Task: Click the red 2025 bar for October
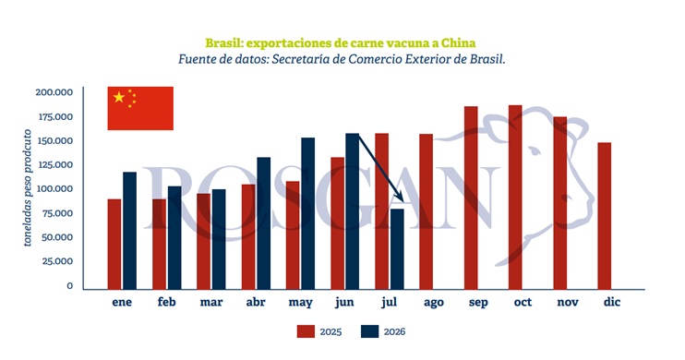pyautogui.click(x=515, y=197)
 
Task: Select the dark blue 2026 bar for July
pyautogui.click(x=397, y=249)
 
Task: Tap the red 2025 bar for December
pyautogui.click(x=605, y=216)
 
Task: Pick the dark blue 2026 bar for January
pyautogui.click(x=130, y=231)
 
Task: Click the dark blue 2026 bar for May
pyautogui.click(x=308, y=213)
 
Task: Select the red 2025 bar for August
pyautogui.click(x=427, y=211)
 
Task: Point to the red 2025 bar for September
pyautogui.click(x=471, y=198)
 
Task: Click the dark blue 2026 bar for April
pyautogui.click(x=263, y=223)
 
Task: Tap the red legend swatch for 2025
pyautogui.click(x=306, y=331)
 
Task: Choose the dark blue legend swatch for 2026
pyautogui.click(x=369, y=331)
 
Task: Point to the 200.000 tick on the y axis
pyautogui.click(x=54, y=92)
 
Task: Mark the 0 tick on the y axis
pyautogui.click(x=70, y=286)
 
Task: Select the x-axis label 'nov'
pyautogui.click(x=568, y=302)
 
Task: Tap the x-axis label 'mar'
pyautogui.click(x=211, y=302)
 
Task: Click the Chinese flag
pyautogui.click(x=140, y=108)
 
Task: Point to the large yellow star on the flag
pyautogui.click(x=119, y=97)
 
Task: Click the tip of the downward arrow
pyautogui.click(x=403, y=202)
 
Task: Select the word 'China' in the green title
pyautogui.click(x=458, y=43)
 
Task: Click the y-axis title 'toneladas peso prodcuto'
pyautogui.click(x=28, y=188)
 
